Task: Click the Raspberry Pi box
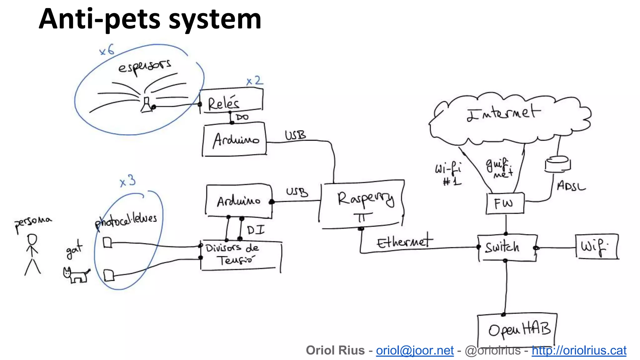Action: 362,204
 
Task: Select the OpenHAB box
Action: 517,330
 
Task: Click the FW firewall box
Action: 505,204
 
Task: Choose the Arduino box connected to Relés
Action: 234,139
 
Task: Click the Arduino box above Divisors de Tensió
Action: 238,201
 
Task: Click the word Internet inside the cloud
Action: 503,113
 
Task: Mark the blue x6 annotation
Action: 107,50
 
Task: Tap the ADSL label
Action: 571,186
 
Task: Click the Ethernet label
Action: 404,241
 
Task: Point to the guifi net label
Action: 499,168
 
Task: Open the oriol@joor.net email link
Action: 414,351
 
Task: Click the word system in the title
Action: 215,19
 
